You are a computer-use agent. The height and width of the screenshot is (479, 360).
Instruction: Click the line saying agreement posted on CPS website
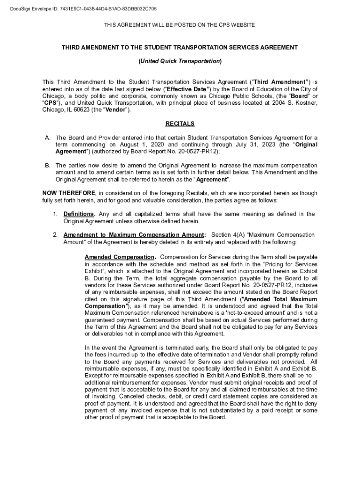click(x=180, y=25)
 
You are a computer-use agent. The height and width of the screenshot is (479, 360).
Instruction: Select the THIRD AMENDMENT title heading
click(x=180, y=47)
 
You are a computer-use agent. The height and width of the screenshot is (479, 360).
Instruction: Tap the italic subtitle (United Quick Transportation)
click(x=180, y=61)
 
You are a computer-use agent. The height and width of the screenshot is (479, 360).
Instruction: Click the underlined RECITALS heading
click(x=180, y=124)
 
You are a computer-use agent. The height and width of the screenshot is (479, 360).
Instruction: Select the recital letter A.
click(x=47, y=138)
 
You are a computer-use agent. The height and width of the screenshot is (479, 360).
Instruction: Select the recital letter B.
click(x=47, y=166)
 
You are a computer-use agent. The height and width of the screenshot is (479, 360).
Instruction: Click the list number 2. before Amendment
click(x=55, y=235)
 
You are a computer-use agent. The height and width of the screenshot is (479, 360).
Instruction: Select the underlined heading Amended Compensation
click(x=120, y=257)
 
